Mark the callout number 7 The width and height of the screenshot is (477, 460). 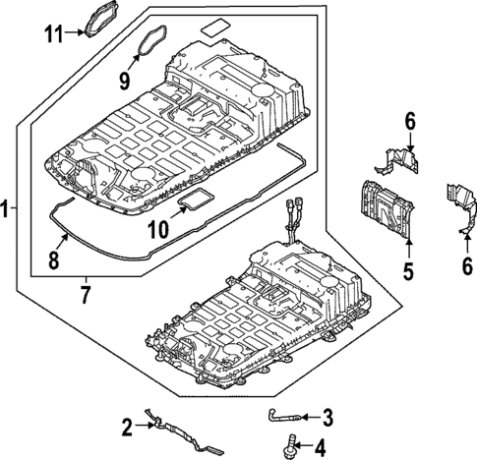click(x=85, y=292)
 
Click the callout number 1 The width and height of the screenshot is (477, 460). click(x=7, y=208)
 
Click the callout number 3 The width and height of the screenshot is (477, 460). click(x=328, y=415)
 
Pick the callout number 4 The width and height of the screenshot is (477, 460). click(x=319, y=447)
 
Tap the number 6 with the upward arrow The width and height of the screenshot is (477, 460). click(x=466, y=265)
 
